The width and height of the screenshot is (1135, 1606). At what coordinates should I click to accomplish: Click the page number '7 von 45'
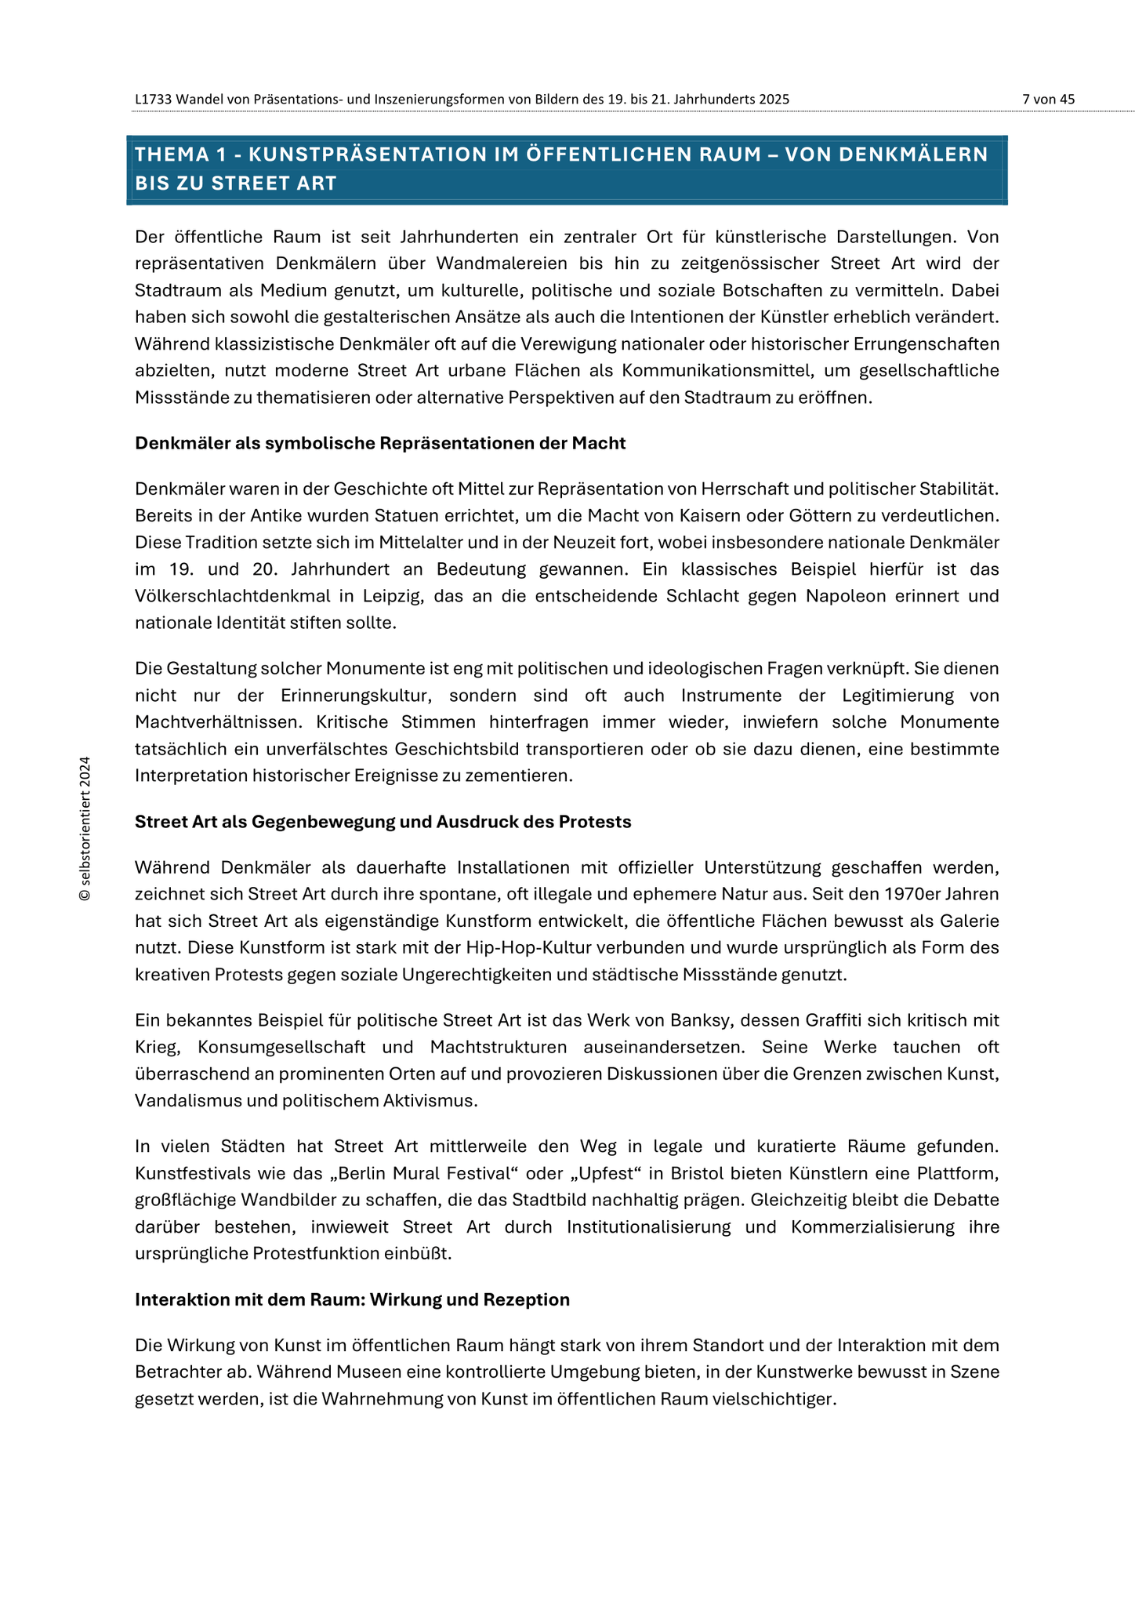1048,100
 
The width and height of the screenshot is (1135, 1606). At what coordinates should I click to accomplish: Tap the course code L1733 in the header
153,100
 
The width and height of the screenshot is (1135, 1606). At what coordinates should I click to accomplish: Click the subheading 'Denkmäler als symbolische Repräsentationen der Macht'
380,443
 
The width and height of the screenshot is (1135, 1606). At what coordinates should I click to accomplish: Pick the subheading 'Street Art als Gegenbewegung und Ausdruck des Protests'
383,822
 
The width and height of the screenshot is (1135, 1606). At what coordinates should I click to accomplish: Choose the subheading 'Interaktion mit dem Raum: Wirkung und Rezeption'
352,1299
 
